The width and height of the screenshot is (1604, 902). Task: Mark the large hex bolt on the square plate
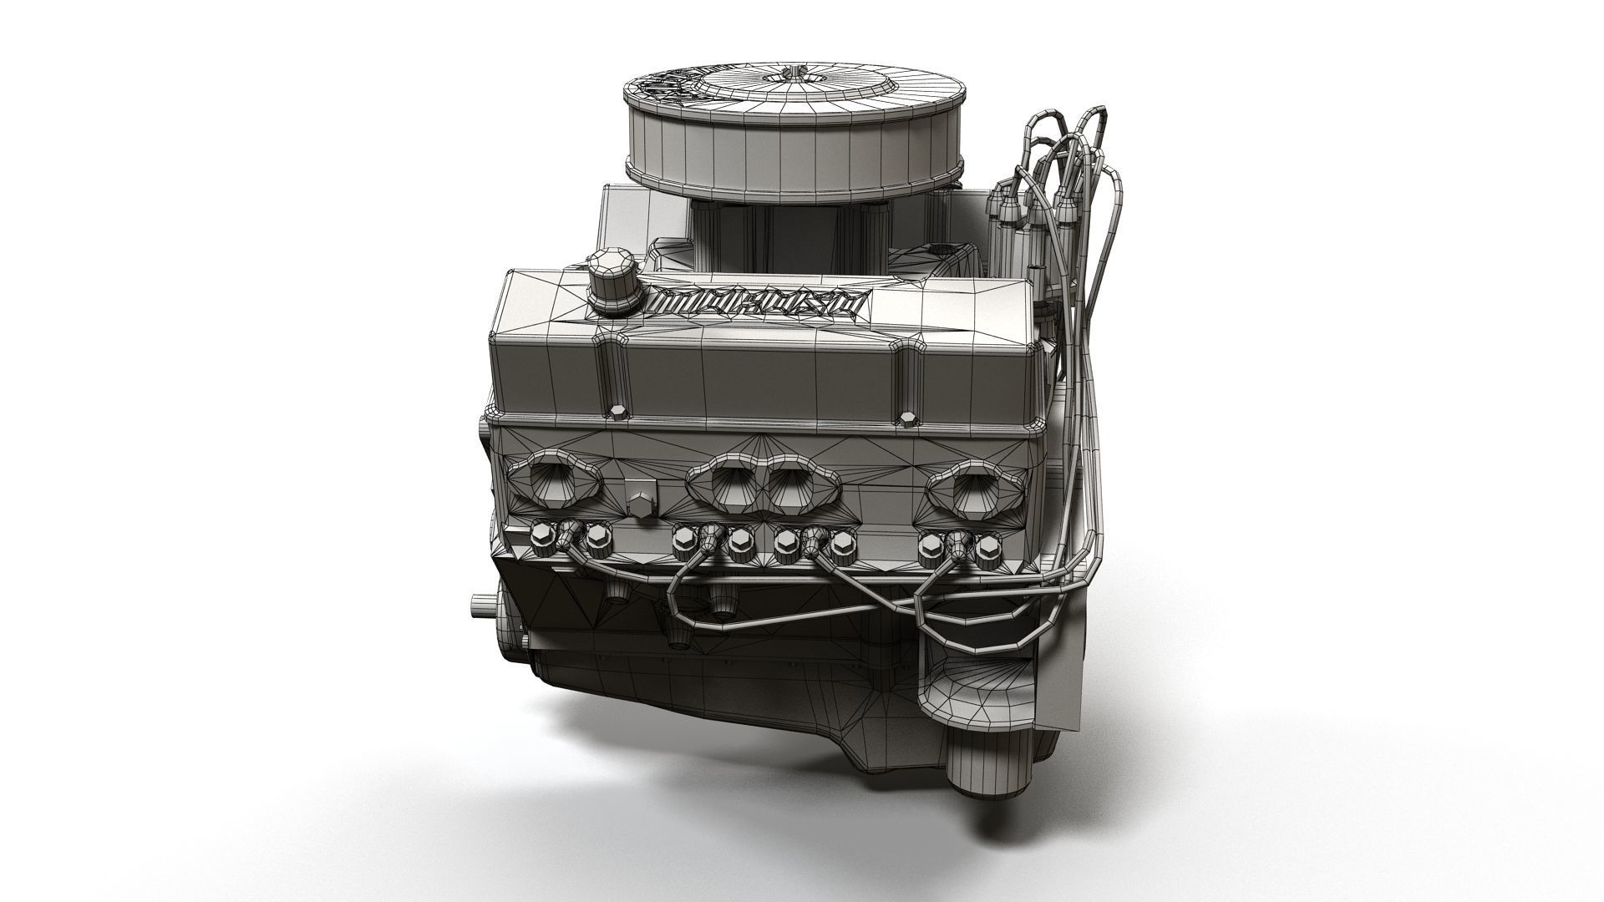(x=639, y=503)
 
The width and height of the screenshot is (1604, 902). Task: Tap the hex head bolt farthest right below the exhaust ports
(x=987, y=547)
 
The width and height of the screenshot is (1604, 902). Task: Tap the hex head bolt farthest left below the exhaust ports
(x=541, y=534)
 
